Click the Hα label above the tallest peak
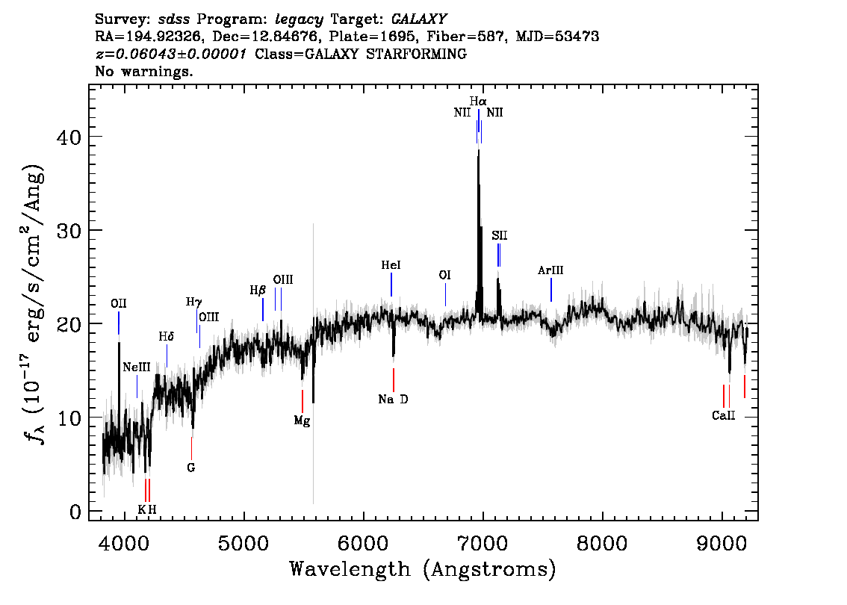click(x=478, y=102)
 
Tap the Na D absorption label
click(x=393, y=400)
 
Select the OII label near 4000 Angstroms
click(x=118, y=304)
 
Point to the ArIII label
click(x=550, y=270)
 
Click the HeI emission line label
click(x=391, y=265)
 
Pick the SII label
click(x=499, y=235)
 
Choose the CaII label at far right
click(x=723, y=416)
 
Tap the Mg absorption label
click(x=302, y=421)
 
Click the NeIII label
click(x=136, y=367)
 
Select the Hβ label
click(x=258, y=291)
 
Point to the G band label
click(x=190, y=468)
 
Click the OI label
click(x=444, y=276)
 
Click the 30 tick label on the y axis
click(x=69, y=231)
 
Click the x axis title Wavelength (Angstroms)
click(x=423, y=569)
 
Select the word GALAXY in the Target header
click(x=418, y=19)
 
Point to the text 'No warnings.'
click(x=143, y=71)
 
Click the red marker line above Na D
click(x=393, y=379)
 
